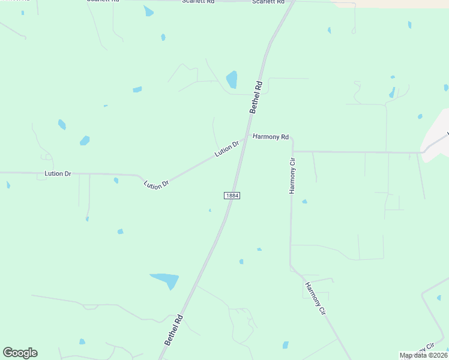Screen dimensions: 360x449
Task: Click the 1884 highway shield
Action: click(232, 196)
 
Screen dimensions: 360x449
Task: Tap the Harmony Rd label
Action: click(271, 137)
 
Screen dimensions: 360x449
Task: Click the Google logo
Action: click(20, 353)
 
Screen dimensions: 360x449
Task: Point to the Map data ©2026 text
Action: click(424, 355)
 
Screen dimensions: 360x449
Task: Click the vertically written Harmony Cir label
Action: click(293, 175)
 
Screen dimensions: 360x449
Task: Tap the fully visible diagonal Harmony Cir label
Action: click(315, 299)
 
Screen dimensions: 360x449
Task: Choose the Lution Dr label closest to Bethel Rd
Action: click(227, 149)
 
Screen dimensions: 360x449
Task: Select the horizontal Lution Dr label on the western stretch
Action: click(58, 173)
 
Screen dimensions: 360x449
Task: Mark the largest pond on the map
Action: click(165, 280)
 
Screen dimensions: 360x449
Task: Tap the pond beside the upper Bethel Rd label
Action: click(231, 80)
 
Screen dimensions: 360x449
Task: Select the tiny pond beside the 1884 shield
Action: click(209, 210)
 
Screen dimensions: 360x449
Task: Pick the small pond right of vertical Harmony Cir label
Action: click(304, 202)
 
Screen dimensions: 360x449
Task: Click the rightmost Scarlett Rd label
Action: click(267, 2)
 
